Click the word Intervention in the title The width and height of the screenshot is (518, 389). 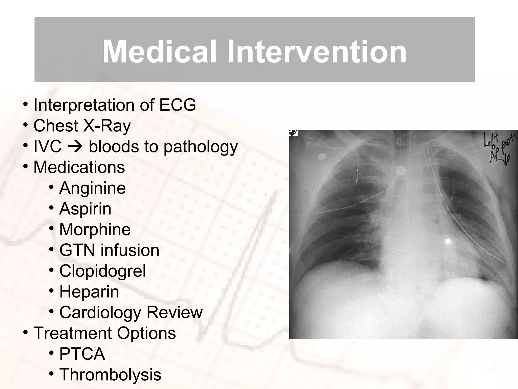click(317, 52)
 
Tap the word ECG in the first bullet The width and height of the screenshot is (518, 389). click(177, 105)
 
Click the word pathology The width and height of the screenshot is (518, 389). click(201, 147)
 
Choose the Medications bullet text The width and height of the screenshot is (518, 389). click(79, 167)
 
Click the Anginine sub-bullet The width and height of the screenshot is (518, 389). click(92, 188)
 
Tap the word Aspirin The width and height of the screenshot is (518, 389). click(85, 209)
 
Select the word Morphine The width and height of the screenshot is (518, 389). click(95, 229)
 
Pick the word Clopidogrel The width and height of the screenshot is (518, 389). click(102, 271)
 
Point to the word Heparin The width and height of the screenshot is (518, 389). click(89, 292)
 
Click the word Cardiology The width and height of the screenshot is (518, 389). click(100, 313)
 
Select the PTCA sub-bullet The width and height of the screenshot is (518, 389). click(82, 354)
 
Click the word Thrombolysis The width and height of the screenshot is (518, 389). click(110, 375)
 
